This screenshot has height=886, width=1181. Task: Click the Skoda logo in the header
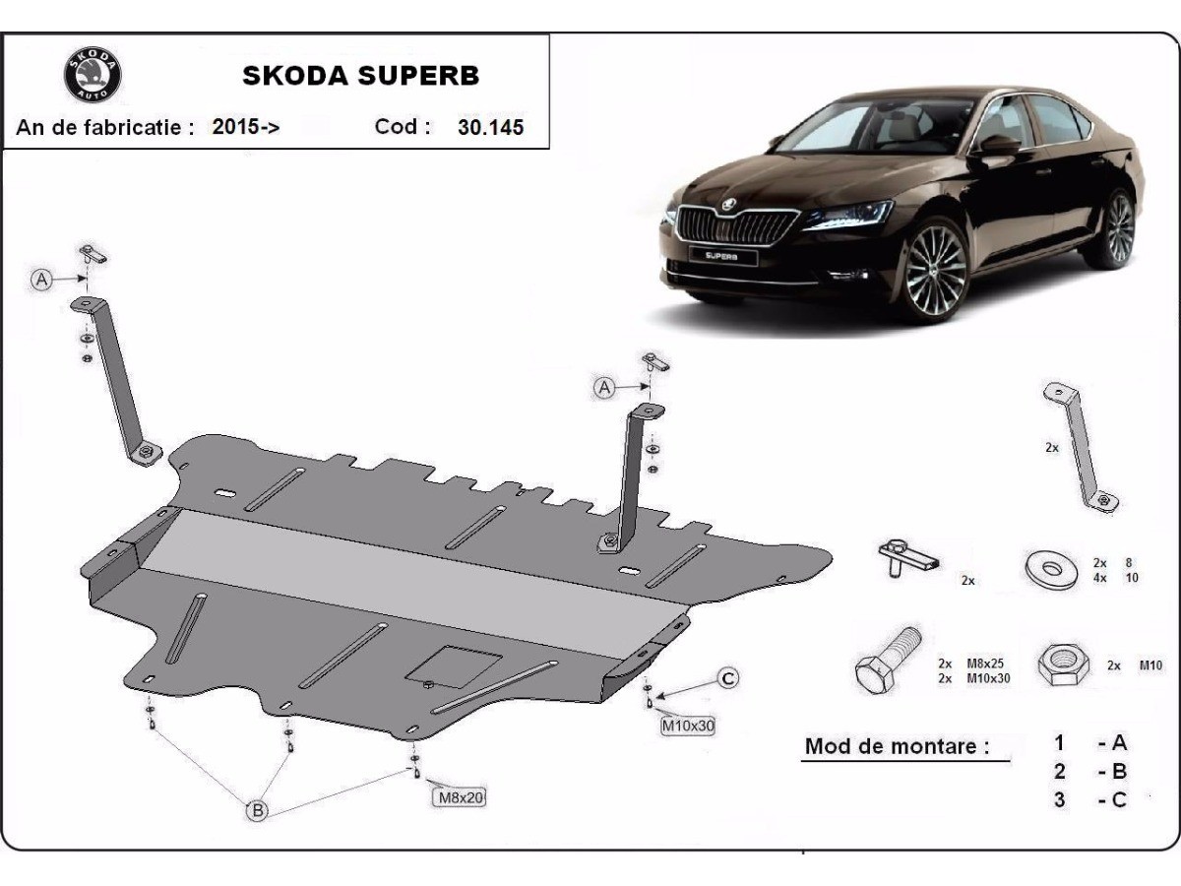pyautogui.click(x=93, y=74)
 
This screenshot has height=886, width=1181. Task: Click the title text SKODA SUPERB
pyautogui.click(x=361, y=76)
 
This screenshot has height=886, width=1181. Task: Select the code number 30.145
pyautogui.click(x=490, y=127)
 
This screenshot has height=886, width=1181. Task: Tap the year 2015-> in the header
pyautogui.click(x=246, y=127)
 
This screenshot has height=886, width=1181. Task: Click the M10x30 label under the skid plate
pyautogui.click(x=688, y=727)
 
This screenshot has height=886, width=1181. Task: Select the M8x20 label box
pyautogui.click(x=459, y=797)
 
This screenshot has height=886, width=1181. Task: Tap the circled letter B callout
pyautogui.click(x=257, y=811)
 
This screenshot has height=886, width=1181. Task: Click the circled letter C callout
pyautogui.click(x=727, y=678)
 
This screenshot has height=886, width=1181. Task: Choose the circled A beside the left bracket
pyautogui.click(x=41, y=280)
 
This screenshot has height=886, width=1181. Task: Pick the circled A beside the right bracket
pyautogui.click(x=604, y=388)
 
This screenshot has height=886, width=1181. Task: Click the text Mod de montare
pyautogui.click(x=897, y=745)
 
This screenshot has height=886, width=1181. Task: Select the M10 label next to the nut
pyautogui.click(x=1150, y=665)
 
